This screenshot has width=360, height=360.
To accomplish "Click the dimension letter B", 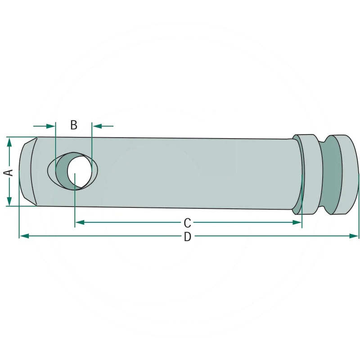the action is click(74, 125).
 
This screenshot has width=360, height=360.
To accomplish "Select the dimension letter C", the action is click(187, 223).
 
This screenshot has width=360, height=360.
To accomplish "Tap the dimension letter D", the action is click(188, 237).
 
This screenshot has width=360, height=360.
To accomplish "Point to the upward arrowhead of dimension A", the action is click(9, 142).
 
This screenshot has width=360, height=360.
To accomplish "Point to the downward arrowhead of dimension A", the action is click(9, 201).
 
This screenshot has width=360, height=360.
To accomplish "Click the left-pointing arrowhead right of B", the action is click(97, 126).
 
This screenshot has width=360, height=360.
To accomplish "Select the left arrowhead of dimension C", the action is click(80, 222).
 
